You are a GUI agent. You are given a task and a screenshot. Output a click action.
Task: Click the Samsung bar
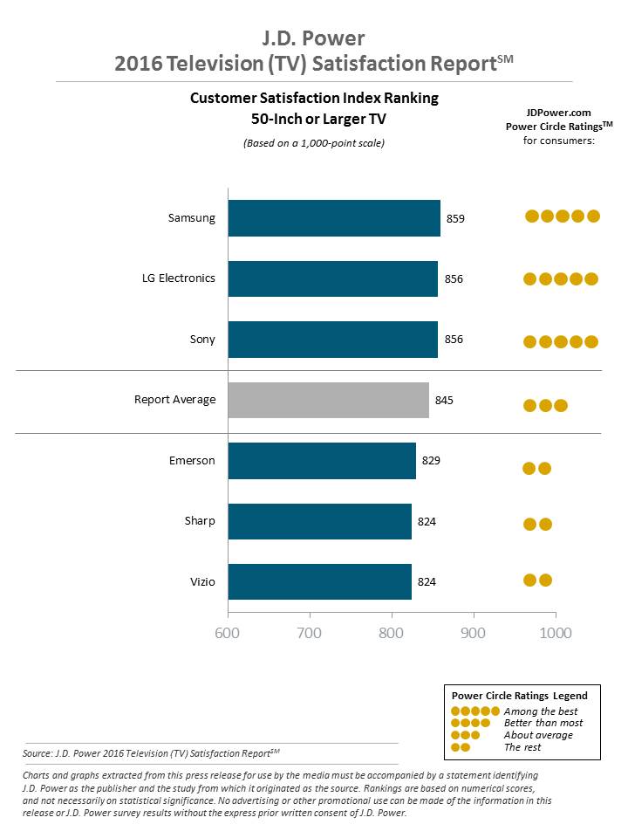point(334,217)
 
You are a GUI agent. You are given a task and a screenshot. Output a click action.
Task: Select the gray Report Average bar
point(328,400)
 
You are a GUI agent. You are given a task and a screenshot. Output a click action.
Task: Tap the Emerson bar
point(322,461)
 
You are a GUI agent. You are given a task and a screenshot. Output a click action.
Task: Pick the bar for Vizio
point(319,581)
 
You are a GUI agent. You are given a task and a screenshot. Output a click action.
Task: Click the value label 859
point(455,218)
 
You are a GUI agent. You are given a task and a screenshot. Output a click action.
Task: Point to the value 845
point(444,401)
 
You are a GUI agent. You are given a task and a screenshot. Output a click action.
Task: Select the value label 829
point(430,461)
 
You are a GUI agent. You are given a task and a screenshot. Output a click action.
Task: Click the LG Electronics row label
point(179,278)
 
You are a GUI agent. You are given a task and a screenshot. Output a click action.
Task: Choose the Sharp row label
point(199,521)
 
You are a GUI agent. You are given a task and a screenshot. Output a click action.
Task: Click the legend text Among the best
point(541,711)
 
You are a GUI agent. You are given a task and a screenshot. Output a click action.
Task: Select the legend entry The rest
point(522,746)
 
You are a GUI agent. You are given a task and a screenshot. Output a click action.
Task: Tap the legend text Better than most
point(543,723)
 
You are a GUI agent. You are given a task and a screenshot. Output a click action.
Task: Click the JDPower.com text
point(551,113)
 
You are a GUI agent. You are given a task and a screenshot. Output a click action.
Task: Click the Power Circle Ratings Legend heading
point(520,696)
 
